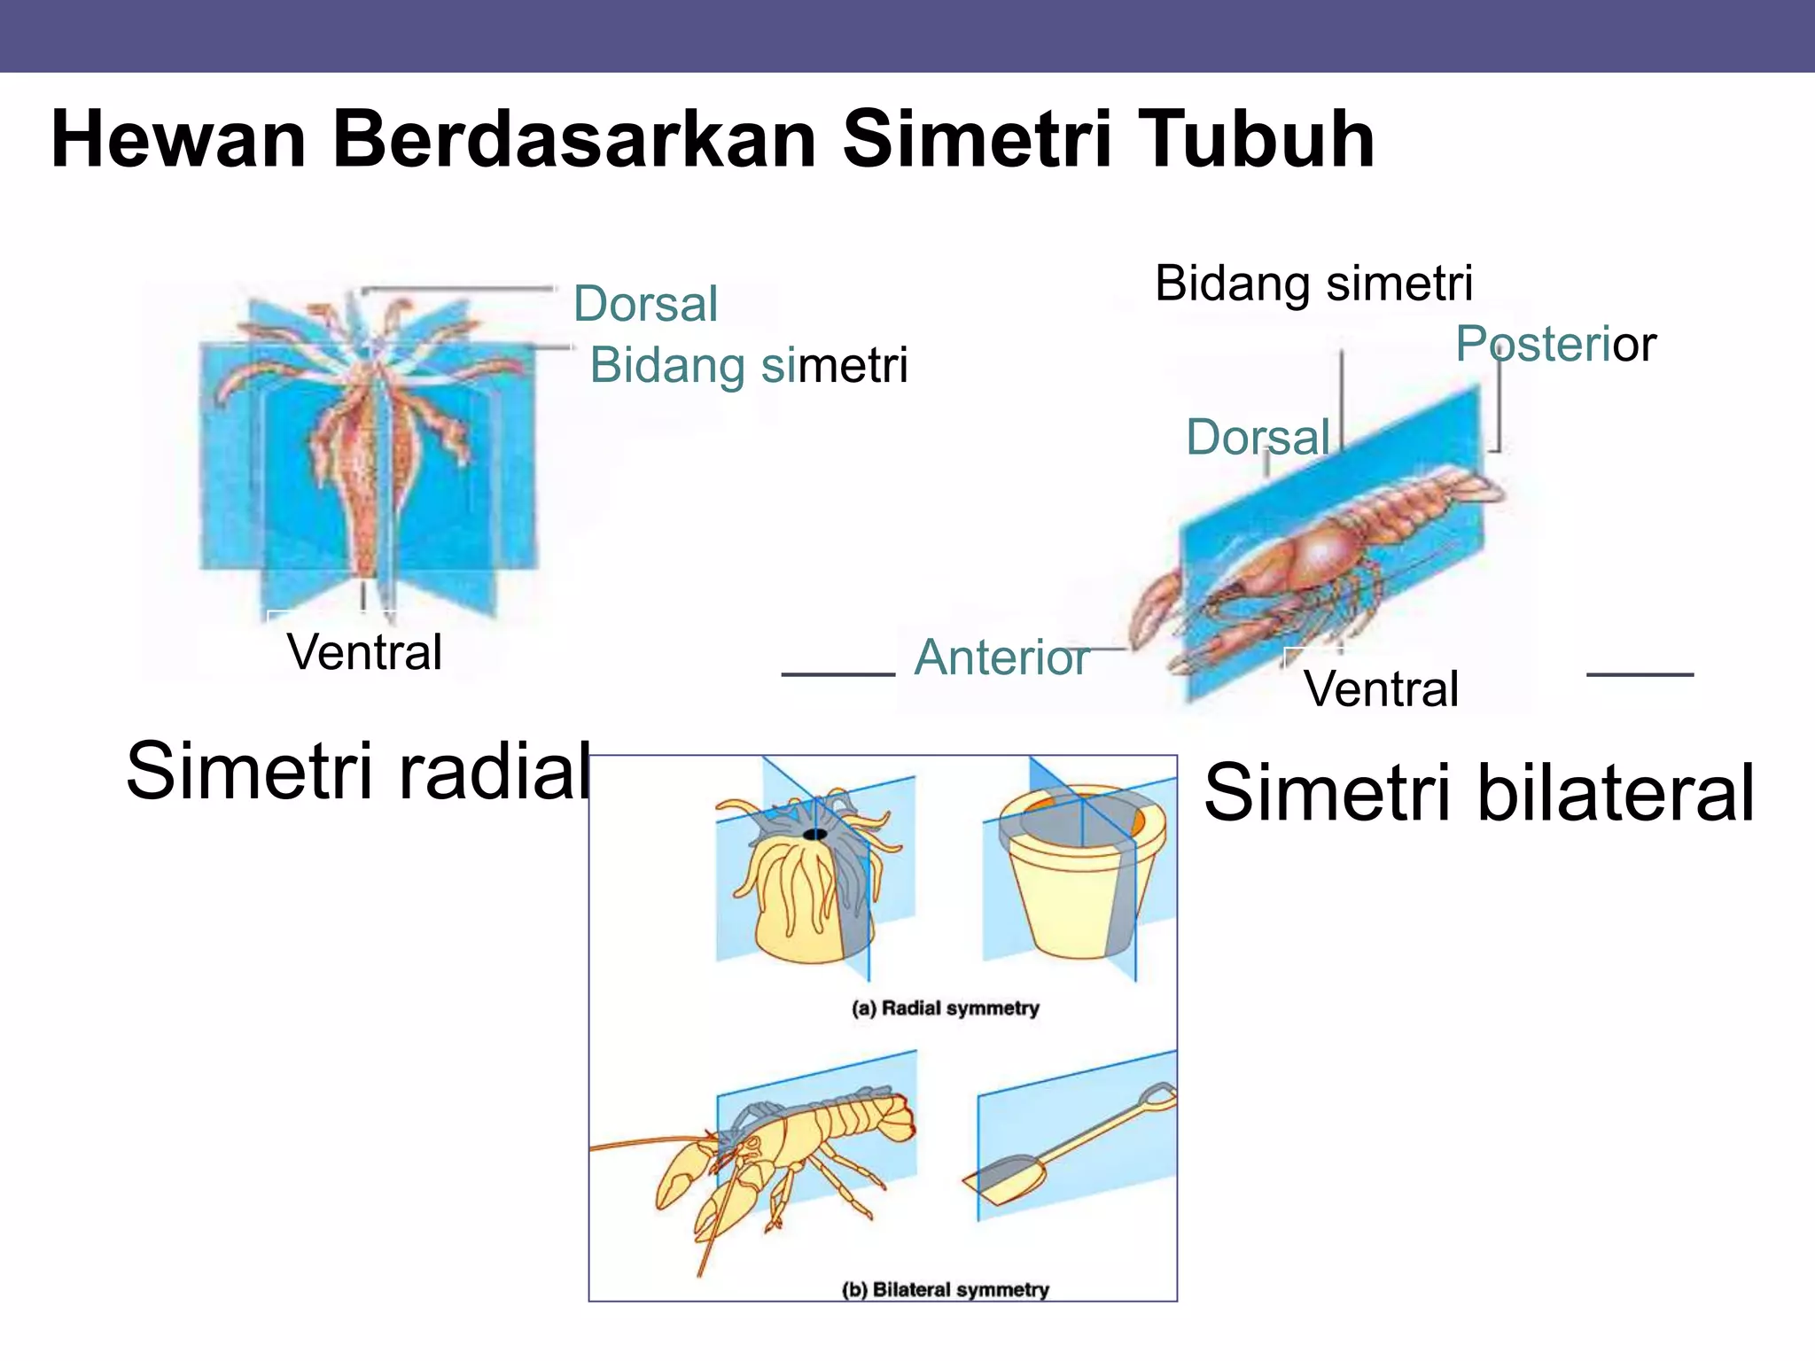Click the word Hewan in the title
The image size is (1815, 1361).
pos(177,139)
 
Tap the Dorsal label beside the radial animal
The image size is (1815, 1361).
pos(645,304)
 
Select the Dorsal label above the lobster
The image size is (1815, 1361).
pos(1258,438)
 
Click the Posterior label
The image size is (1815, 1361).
pos(1555,344)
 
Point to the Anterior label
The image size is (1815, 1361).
pos(1001,657)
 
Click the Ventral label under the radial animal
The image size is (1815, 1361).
pos(364,652)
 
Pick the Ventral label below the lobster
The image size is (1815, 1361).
pos(1380,688)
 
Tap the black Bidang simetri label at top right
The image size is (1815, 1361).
pos(1313,284)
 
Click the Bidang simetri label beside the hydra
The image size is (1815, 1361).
pos(749,365)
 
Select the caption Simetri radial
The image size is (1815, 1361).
pos(358,771)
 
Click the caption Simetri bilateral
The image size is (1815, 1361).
pos(1478,793)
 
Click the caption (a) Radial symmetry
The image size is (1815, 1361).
pos(945,1008)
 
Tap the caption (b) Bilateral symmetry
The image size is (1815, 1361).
pos(945,1290)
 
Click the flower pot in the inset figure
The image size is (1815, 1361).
pos(1077,886)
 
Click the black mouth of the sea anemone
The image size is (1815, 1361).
pos(814,835)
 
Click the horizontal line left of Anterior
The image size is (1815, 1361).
pos(837,674)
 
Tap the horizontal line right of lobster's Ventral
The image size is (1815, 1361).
pos(1640,674)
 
